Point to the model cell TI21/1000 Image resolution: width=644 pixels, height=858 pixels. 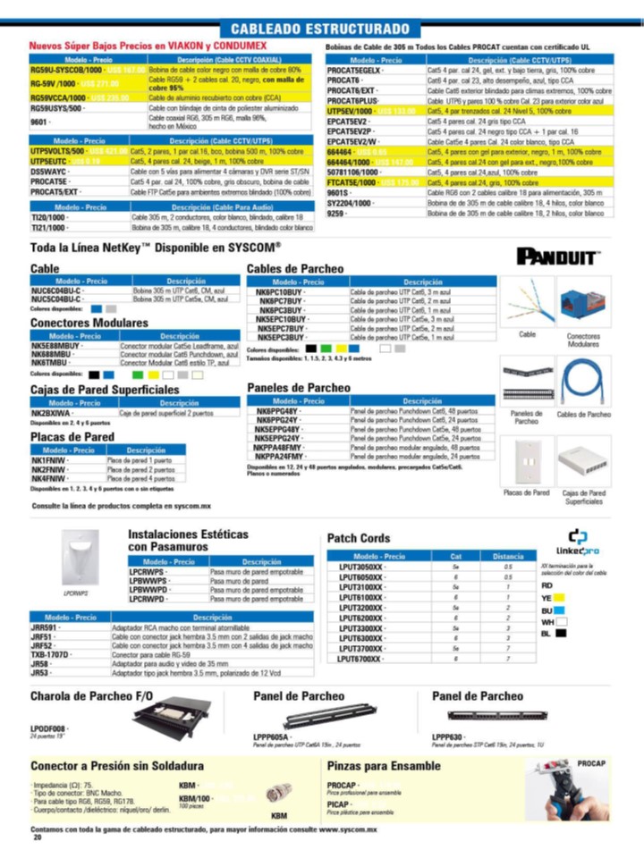click(x=50, y=227)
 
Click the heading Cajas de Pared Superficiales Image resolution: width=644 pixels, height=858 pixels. click(x=105, y=391)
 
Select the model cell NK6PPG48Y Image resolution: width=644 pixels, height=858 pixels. click(x=279, y=409)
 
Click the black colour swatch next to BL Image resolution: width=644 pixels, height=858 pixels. click(x=561, y=633)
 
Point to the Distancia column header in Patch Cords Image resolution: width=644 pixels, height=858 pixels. click(x=508, y=556)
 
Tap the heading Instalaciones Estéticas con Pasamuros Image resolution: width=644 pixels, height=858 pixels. click(x=188, y=539)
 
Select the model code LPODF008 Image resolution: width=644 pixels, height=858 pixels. click(x=47, y=729)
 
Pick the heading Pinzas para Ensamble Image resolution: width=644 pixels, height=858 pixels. click(x=384, y=766)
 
